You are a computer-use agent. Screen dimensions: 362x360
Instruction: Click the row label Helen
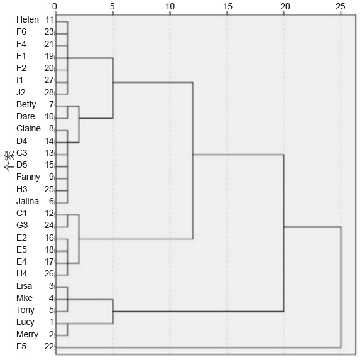coord(28,19)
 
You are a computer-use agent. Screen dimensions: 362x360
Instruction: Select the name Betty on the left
coord(26,104)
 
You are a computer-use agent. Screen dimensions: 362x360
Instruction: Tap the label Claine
coord(28,128)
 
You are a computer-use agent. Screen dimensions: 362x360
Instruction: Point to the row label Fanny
coord(28,177)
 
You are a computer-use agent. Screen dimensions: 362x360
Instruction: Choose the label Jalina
coord(28,201)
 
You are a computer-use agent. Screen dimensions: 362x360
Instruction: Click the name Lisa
coord(24,286)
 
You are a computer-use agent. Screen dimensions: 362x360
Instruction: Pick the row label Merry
coord(27,334)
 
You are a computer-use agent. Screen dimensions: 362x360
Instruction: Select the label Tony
coord(25,310)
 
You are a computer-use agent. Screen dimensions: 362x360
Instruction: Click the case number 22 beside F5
coord(49,346)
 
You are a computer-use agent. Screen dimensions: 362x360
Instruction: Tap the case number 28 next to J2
coord(49,92)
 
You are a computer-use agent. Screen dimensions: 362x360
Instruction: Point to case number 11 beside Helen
coord(49,19)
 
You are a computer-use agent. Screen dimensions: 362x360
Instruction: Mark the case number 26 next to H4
coord(49,274)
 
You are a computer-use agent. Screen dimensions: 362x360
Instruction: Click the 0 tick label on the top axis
coord(55,6)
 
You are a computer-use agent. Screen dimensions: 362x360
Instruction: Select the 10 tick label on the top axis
coord(170,6)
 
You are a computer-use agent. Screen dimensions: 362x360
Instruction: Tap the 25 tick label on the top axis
coord(341,6)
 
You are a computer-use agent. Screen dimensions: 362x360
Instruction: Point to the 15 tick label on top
coord(228,6)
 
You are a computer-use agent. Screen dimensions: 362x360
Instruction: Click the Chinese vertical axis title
coord(9,161)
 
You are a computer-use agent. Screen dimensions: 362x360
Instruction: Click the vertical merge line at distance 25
coord(341,287)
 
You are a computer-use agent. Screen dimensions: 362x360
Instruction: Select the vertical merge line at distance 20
coord(283,233)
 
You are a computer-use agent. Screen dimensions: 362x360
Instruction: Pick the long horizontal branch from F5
coord(199,347)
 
